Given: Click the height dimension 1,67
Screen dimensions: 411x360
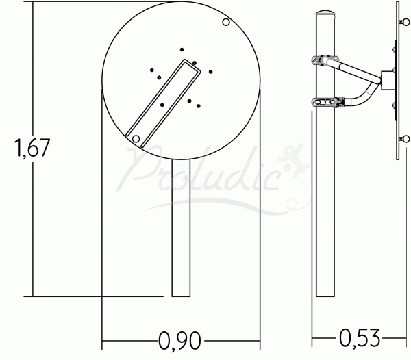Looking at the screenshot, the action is click(32, 148).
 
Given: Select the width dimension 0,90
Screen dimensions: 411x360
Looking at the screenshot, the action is click(179, 341).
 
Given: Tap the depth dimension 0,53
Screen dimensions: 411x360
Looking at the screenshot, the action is click(360, 338).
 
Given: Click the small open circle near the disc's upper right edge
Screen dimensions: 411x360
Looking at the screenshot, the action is click(226, 23).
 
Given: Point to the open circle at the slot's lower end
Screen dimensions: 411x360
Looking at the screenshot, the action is click(136, 139).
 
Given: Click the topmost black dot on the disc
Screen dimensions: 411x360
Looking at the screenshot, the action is click(182, 49).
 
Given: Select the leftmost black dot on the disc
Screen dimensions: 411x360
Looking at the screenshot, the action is click(152, 70).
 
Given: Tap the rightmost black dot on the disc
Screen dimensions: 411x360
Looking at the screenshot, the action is click(210, 72).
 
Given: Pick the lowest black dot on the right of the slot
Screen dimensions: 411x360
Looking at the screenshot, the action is click(199, 106).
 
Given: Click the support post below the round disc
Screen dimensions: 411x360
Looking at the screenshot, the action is click(181, 228).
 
